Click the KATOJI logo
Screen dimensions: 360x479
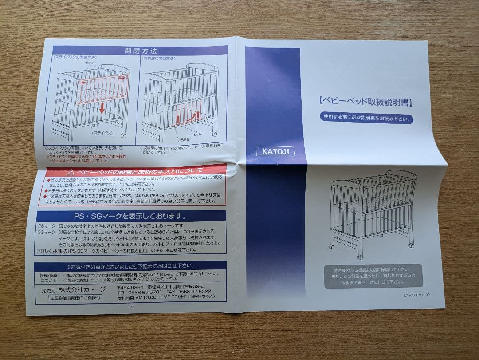point(275,151)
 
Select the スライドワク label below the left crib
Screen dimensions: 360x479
point(103,133)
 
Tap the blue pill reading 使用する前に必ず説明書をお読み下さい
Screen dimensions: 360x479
point(366,119)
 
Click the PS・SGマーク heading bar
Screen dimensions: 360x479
point(131,216)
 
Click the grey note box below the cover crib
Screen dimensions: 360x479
point(373,275)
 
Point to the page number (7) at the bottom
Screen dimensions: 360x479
point(131,306)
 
